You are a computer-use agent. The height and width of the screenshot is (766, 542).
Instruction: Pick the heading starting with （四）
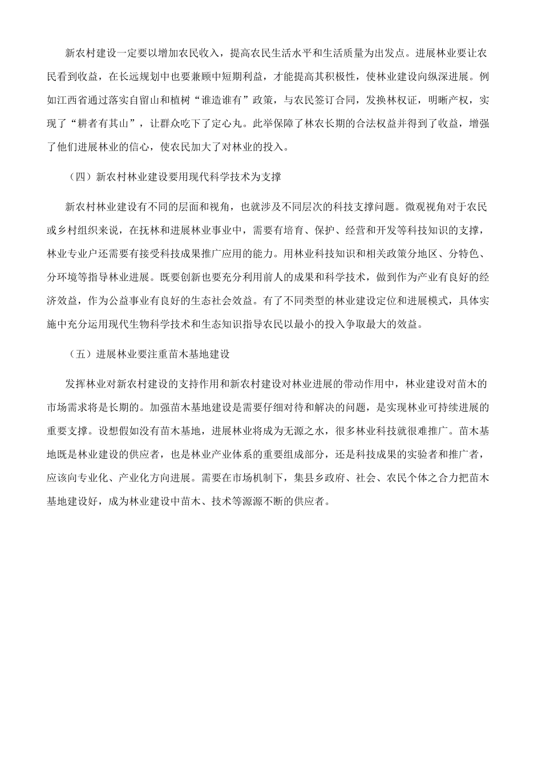(173, 177)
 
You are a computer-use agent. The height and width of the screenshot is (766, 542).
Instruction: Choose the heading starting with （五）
(148, 353)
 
